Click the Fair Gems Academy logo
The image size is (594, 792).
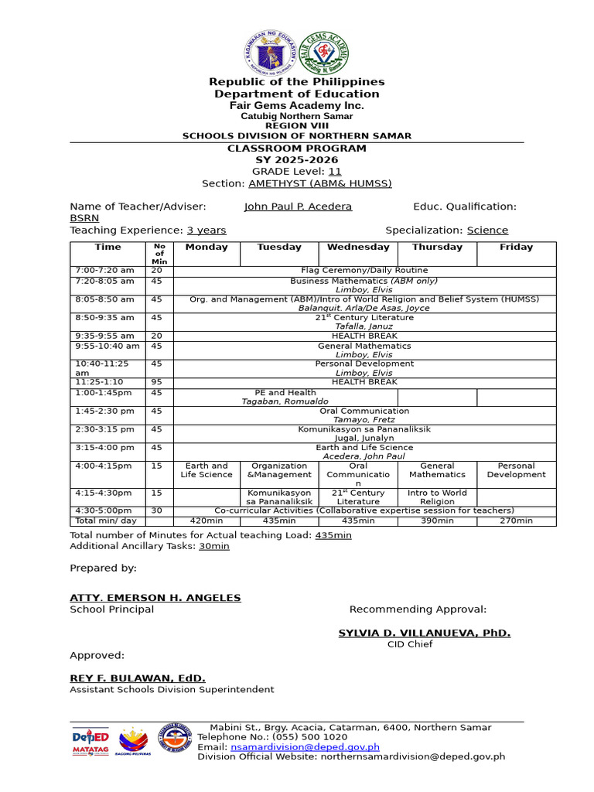click(325, 54)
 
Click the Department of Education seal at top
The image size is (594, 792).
click(270, 54)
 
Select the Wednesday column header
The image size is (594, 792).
click(358, 247)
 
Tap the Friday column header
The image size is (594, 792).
click(516, 247)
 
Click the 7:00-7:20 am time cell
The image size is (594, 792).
click(104, 271)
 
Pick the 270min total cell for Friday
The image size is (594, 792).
click(516, 521)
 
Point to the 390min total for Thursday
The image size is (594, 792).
click(437, 521)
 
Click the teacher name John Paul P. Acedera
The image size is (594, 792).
click(298, 207)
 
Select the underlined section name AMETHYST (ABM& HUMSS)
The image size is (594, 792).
click(319, 183)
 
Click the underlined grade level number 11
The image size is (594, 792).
click(335, 172)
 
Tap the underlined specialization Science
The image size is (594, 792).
click(487, 230)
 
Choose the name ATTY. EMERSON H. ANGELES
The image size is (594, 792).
click(155, 598)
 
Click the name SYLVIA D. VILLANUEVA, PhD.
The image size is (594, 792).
click(424, 633)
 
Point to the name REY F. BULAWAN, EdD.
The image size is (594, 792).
click(138, 678)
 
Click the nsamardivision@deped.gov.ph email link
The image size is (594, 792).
click(305, 747)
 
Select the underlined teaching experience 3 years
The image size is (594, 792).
click(207, 230)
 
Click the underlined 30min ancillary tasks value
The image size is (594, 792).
click(215, 546)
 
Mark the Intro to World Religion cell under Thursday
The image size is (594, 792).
click(437, 497)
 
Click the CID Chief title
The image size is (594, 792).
click(407, 644)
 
